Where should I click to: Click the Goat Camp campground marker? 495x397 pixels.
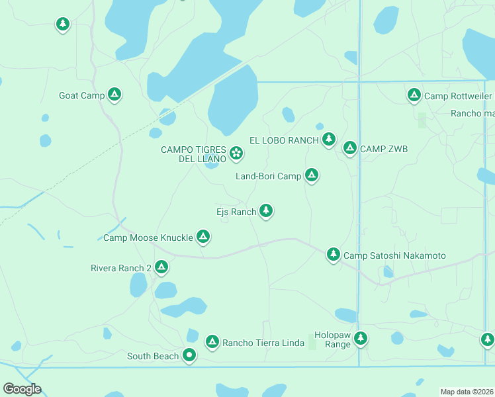(114, 95)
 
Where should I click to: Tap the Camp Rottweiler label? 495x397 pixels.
(458, 96)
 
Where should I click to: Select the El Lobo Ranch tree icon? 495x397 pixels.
(329, 139)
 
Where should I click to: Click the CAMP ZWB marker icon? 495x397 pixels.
(349, 148)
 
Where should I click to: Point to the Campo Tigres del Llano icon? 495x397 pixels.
(236, 154)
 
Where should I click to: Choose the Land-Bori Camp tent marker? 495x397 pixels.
(312, 175)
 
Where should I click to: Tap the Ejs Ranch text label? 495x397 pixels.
(236, 212)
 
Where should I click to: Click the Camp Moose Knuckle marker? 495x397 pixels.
(203, 236)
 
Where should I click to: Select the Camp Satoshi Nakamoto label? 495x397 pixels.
(395, 255)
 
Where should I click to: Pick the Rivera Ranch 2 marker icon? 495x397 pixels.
(161, 267)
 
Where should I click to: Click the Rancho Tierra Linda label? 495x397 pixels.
(263, 342)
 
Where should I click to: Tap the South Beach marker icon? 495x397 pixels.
(189, 355)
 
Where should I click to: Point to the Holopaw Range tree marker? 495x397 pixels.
(360, 339)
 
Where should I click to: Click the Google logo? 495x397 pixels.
(22, 389)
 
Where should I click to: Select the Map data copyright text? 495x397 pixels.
(467, 392)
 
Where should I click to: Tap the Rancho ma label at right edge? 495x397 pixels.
(472, 113)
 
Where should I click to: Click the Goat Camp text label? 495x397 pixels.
(82, 95)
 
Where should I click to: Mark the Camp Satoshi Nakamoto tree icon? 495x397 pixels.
(334, 254)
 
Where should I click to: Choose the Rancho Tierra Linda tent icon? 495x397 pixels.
(212, 341)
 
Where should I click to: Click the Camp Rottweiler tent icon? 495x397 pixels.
(414, 95)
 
